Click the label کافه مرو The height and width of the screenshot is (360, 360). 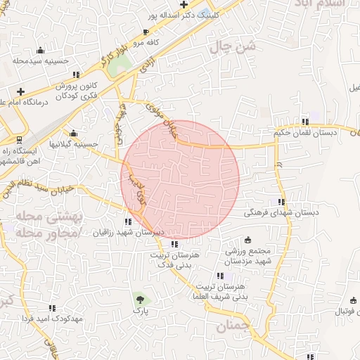(x=144, y=43)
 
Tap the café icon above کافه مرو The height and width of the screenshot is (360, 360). (x=146, y=32)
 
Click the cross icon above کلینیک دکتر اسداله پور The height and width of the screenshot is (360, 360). (x=184, y=5)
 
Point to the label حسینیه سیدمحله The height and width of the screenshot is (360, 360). (x=40, y=60)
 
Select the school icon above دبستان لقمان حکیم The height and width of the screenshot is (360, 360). (x=304, y=121)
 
